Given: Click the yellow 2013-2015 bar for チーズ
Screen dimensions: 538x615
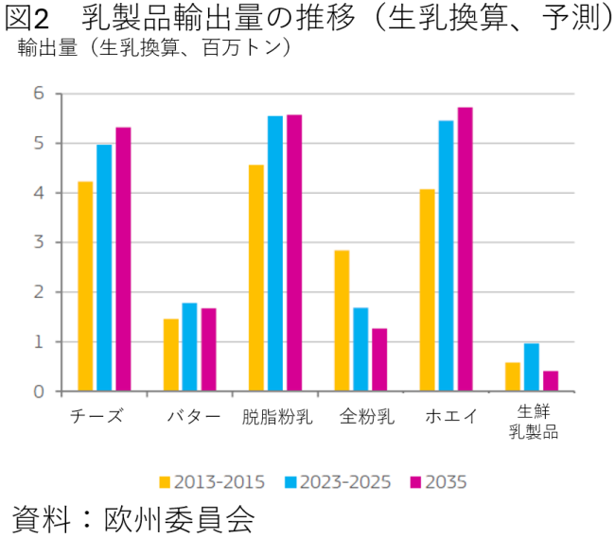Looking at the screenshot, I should point(85,286).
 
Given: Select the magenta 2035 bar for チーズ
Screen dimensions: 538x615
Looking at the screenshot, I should point(123,259).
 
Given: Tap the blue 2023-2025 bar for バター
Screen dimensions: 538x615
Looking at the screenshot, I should point(189,347).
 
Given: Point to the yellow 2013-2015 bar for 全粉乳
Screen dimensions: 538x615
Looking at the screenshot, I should point(342,321).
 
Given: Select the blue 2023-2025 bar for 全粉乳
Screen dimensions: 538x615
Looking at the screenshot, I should point(360,349).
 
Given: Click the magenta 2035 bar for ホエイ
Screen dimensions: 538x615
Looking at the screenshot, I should point(465,249).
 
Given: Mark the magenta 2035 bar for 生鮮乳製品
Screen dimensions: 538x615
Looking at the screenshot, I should point(551,381).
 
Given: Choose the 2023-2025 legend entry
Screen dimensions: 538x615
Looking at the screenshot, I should point(338,482).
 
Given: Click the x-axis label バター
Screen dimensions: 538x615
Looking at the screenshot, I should point(193,417).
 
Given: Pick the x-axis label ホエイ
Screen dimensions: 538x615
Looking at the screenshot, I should point(451,417).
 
